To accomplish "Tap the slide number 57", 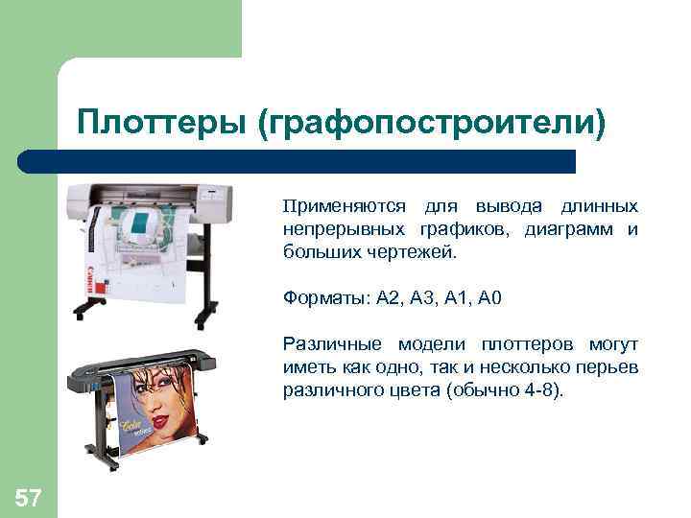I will tap(28, 497).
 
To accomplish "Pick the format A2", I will tap(389, 298).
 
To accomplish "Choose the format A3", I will tap(423, 298).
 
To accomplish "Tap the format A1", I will tap(458, 298).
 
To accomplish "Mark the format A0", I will tap(489, 298).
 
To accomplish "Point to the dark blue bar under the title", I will tap(298, 160).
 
